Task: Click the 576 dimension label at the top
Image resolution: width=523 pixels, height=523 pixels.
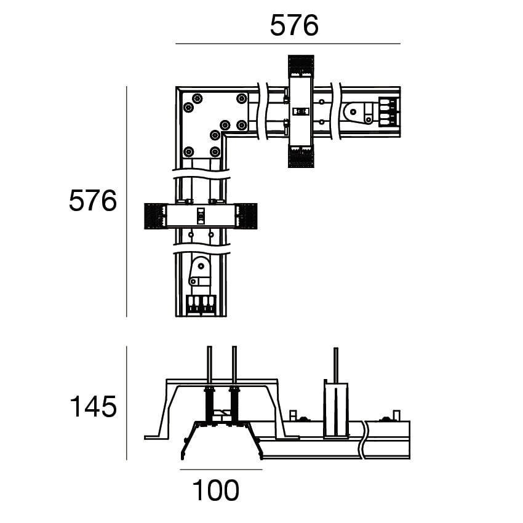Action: pos(294,25)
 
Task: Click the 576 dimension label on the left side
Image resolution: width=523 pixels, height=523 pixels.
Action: pos(93,201)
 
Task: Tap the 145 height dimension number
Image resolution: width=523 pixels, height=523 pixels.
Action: pos(93,406)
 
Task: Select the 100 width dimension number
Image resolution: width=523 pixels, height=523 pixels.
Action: pos(215,490)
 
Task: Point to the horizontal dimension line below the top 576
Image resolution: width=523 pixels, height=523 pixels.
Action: pos(288,44)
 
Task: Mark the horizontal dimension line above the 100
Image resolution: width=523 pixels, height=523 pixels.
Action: pos(221,469)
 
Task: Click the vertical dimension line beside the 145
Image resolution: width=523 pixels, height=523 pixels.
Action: pos(127,403)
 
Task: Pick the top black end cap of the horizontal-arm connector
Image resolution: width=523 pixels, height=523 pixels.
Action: pos(301,66)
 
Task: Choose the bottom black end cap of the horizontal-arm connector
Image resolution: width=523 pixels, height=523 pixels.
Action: pos(301,156)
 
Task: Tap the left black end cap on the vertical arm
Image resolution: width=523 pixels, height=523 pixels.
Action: pos(156,216)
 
